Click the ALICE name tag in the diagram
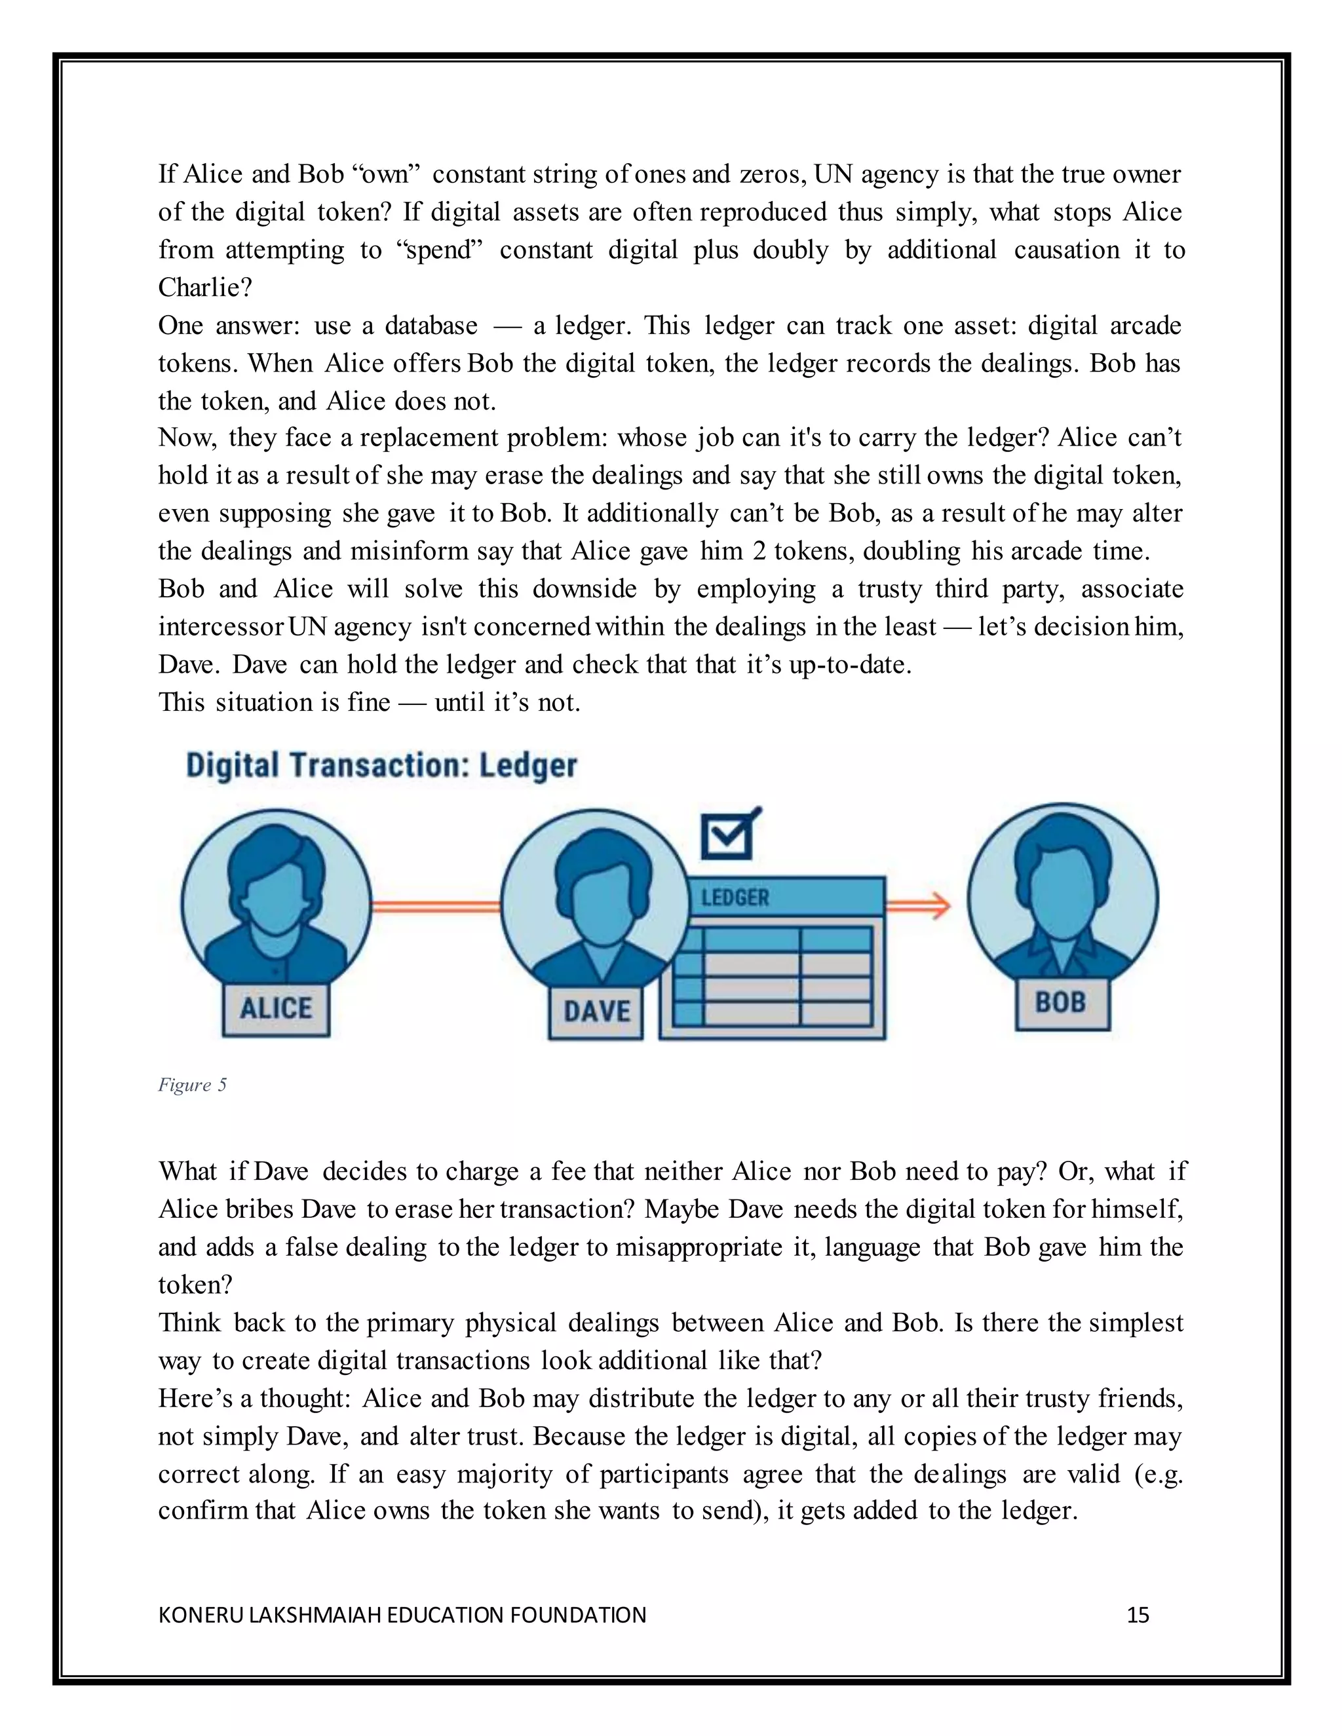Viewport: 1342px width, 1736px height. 276,1009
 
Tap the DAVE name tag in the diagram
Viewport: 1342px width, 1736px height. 596,1012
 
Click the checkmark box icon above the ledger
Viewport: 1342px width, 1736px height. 727,835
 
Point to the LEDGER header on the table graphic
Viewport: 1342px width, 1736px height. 735,898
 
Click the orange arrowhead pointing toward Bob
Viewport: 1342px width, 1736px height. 940,905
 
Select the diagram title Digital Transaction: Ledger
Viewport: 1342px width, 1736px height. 381,765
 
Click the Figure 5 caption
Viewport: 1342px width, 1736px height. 193,1085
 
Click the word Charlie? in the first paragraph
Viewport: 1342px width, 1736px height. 205,288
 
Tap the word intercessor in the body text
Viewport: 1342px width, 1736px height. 220,627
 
